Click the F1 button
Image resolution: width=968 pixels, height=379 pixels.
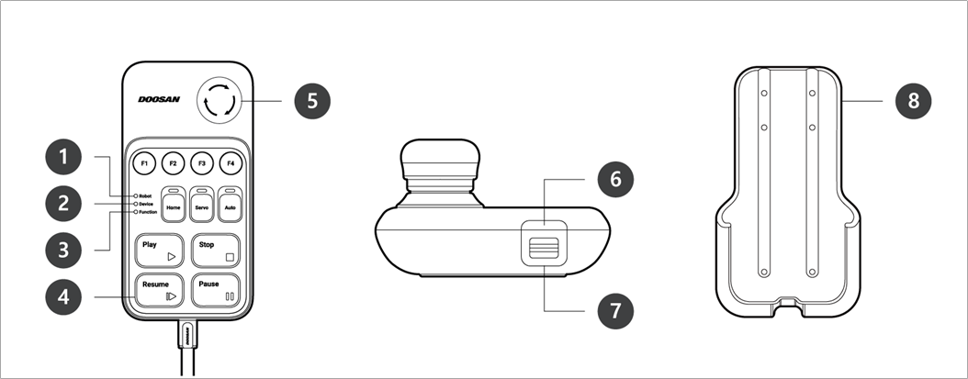pos(144,163)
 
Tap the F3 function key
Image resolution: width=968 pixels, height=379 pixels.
pos(202,163)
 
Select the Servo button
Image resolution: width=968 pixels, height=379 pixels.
pos(202,204)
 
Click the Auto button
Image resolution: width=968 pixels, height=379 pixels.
pos(230,204)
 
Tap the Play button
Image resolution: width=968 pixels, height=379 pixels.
pos(159,250)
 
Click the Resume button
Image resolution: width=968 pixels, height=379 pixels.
pos(159,290)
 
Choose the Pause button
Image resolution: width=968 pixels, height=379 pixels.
pos(216,290)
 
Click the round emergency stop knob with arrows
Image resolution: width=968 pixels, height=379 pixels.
pos(219,101)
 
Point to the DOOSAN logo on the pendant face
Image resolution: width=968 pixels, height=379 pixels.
pos(159,99)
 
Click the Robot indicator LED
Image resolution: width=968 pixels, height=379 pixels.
pos(135,195)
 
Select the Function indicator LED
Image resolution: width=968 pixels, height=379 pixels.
pos(135,212)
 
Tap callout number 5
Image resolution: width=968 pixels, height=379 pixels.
pos(311,101)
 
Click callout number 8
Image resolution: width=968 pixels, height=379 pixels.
pos(913,101)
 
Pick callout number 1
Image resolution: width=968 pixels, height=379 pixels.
pos(63,158)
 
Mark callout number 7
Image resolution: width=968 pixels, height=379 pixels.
pos(615,310)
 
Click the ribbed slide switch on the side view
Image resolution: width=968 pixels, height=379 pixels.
pos(544,247)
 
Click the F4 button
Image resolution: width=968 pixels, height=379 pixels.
pos(231,163)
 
